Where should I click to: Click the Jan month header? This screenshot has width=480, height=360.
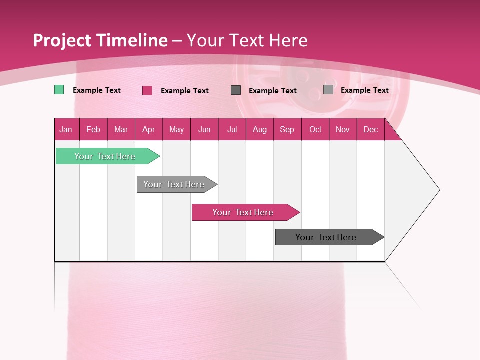pyautogui.click(x=66, y=129)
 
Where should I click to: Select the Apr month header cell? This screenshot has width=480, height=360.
pyautogui.click(x=149, y=129)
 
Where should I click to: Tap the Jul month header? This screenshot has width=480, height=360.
pyautogui.click(x=232, y=129)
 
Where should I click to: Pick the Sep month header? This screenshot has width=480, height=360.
pyautogui.click(x=287, y=129)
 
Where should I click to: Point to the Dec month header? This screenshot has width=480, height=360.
pyautogui.click(x=370, y=129)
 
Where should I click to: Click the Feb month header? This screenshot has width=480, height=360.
pyautogui.click(x=93, y=129)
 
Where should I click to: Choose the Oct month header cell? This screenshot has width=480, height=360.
pyautogui.click(x=315, y=129)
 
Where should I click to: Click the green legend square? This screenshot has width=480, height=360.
pyautogui.click(x=59, y=90)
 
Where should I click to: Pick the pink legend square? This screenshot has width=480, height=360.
pyautogui.click(x=147, y=90)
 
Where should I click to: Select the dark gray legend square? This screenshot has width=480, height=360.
pyautogui.click(x=236, y=90)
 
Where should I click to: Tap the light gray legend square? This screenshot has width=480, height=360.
pyautogui.click(x=328, y=90)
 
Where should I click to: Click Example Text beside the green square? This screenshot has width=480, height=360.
pyautogui.click(x=97, y=90)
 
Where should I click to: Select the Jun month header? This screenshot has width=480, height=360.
pyautogui.click(x=204, y=129)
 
